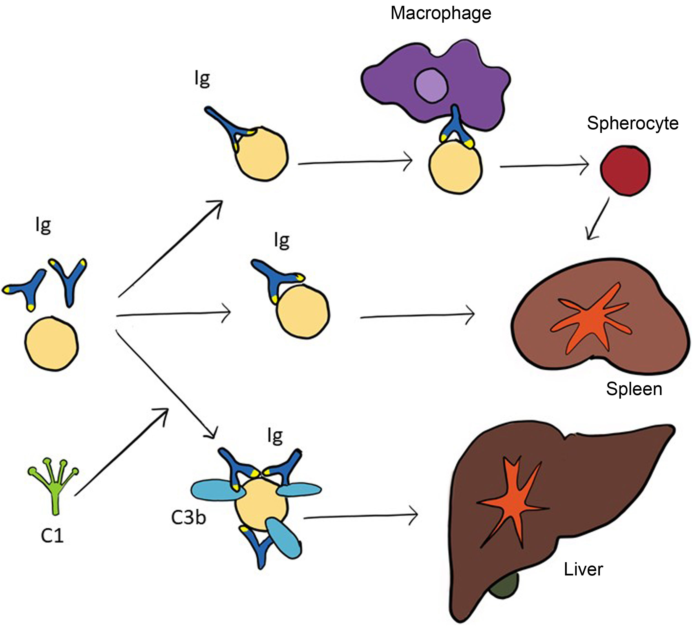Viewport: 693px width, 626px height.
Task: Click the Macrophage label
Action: click(x=441, y=14)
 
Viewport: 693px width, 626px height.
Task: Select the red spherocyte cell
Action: click(x=625, y=170)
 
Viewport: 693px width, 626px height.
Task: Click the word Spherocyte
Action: click(x=632, y=123)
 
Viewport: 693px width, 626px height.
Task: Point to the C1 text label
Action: click(x=52, y=535)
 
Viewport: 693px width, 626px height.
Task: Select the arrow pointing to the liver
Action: click(x=361, y=516)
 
